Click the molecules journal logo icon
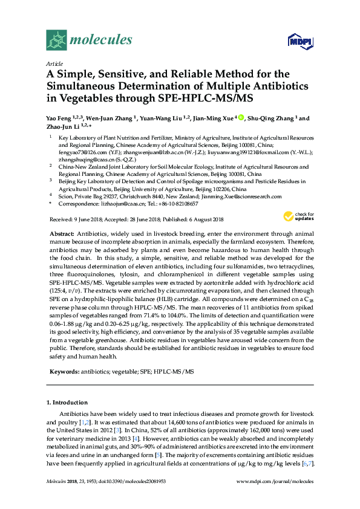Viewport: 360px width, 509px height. (x=56, y=40)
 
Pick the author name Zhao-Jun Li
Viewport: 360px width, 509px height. (x=63, y=126)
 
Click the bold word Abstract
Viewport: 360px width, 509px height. (x=63, y=233)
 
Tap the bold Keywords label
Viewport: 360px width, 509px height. (x=64, y=371)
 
